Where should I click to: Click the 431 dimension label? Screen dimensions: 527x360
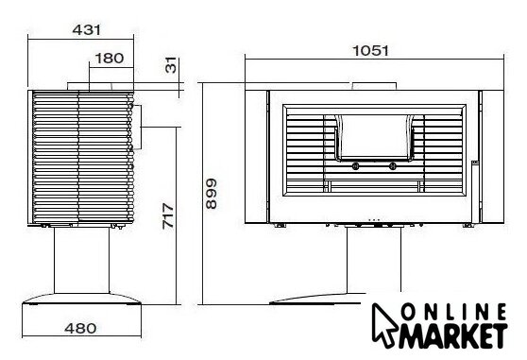pos(86,30)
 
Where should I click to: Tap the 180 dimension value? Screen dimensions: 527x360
pos(110,59)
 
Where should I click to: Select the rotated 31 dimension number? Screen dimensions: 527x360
pos(171,65)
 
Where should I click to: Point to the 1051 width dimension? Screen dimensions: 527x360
pos(370,51)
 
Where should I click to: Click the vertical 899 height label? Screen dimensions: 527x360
pos(212,194)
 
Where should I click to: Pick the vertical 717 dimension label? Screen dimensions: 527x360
pos(168,215)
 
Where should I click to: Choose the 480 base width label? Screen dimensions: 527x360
pos(80,328)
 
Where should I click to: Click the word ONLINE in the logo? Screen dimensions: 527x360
pos(454,312)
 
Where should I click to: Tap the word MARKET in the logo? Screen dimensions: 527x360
pos(452,335)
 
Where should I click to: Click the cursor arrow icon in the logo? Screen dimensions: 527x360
pos(383,323)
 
